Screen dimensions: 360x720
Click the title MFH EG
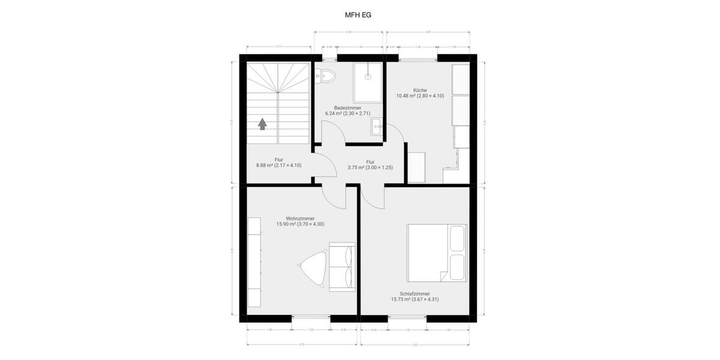click(359, 15)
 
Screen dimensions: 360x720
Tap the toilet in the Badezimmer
click(326, 76)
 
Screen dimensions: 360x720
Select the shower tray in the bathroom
click(368, 82)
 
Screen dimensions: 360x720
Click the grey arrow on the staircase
click(262, 124)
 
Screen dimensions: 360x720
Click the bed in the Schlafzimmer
click(436, 253)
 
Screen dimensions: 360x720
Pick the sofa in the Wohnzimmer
click(343, 266)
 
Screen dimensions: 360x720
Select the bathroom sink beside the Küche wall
click(377, 127)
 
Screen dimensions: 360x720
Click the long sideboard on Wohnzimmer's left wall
click(255, 262)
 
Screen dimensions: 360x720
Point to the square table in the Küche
click(416, 167)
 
